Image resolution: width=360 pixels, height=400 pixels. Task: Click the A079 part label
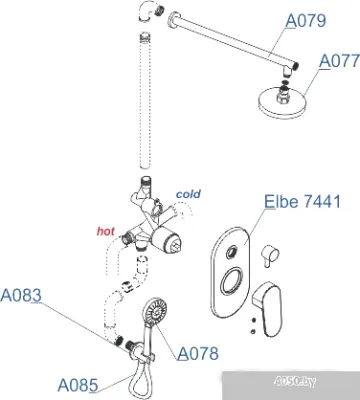(306, 21)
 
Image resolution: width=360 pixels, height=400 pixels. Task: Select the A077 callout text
(339, 61)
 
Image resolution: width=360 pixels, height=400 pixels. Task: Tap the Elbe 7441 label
(302, 201)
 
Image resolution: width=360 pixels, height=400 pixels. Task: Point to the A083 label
(21, 295)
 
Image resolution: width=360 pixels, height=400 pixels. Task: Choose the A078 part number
(198, 353)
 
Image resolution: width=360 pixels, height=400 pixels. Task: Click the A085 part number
(78, 385)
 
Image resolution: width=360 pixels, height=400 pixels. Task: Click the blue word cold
(188, 194)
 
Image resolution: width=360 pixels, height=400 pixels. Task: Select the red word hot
(106, 231)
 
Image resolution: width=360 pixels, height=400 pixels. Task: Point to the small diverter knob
(269, 255)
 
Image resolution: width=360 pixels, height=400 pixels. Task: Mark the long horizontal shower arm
(233, 41)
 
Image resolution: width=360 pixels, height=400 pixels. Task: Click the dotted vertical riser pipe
(145, 102)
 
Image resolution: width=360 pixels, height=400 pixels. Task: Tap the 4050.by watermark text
(294, 381)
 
